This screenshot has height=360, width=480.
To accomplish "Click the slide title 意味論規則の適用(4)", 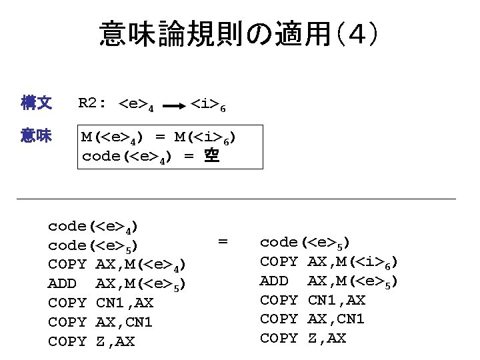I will click(240, 33).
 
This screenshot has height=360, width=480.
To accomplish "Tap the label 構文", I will click(37, 103).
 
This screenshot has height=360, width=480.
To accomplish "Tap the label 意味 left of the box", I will click(37, 136).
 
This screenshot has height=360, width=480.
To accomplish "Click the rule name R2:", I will click(93, 103).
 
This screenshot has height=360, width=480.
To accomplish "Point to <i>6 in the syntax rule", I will click(211, 105).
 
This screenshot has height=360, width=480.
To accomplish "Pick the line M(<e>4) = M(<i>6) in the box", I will click(158, 138).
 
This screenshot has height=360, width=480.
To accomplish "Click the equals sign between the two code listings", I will click(223, 241).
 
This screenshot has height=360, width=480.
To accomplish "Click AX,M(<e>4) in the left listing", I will click(140, 265).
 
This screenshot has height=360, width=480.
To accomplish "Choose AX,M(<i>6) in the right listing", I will click(353, 262).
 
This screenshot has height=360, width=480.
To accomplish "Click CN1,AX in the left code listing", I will click(125, 303).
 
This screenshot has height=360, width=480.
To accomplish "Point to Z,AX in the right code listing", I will click(327, 338).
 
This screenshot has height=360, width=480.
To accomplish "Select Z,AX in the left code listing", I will click(115, 341).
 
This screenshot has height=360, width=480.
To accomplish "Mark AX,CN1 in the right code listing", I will click(336, 319).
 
